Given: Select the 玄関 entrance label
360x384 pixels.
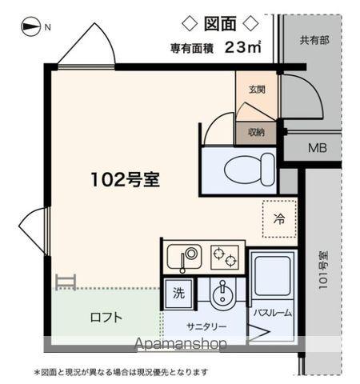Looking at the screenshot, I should [257, 90].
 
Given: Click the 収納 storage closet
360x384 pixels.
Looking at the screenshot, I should [256, 132].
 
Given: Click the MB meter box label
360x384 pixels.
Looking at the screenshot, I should [318, 147].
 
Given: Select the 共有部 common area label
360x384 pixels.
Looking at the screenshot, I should [314, 39].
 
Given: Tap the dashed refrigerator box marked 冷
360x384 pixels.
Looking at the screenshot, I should [279, 218].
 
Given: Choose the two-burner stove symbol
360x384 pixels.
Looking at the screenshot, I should [224, 258].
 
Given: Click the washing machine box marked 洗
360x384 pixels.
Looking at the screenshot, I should [178, 293].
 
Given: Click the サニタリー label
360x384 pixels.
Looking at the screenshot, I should [207, 326].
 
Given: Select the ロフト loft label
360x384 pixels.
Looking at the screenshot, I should [106, 317].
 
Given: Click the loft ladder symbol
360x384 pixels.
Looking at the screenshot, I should [66, 281].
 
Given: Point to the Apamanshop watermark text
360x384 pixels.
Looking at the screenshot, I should [181, 343].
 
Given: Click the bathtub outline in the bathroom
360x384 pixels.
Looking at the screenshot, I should [273, 276].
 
